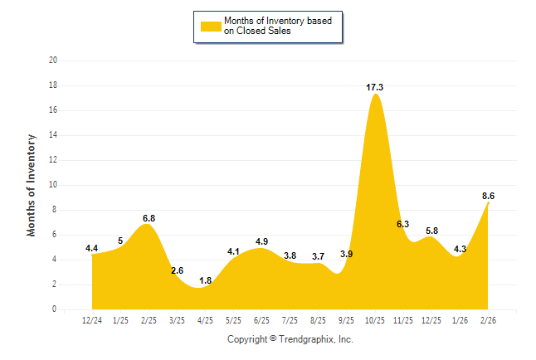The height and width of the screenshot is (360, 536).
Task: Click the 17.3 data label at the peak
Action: (375, 87)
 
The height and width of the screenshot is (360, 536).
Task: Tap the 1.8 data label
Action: (206, 280)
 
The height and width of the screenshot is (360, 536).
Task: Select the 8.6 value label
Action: (488, 196)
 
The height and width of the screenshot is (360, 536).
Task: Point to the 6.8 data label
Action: (149, 218)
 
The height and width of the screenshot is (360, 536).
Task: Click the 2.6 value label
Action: (178, 270)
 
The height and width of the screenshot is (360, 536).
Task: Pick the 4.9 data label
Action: (261, 242)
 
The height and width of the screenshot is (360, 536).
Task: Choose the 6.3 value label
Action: (403, 224)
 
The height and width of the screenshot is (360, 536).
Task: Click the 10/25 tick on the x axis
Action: (375, 319)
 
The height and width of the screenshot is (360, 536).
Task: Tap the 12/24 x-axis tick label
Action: (93, 319)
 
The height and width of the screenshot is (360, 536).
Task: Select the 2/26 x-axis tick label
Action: (488, 319)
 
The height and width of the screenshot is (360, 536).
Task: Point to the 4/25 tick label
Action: (206, 319)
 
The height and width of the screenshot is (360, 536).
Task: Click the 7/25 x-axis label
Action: (290, 319)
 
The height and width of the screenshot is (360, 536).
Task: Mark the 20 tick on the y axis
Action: (53, 61)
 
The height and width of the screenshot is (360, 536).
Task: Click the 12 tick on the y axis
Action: (53, 160)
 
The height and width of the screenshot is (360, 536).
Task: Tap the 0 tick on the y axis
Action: (55, 309)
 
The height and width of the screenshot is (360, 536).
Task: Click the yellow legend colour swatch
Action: (211, 27)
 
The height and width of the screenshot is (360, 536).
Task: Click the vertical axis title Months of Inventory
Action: (32, 185)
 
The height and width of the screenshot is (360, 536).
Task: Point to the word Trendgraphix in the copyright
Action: (305, 339)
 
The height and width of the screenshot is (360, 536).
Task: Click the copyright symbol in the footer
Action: (274, 339)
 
